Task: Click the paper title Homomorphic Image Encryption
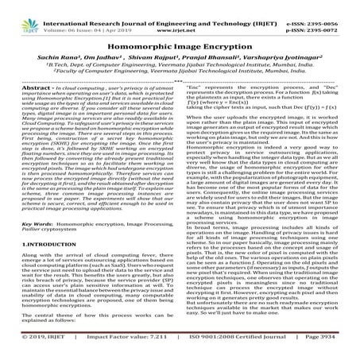[180, 45]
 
